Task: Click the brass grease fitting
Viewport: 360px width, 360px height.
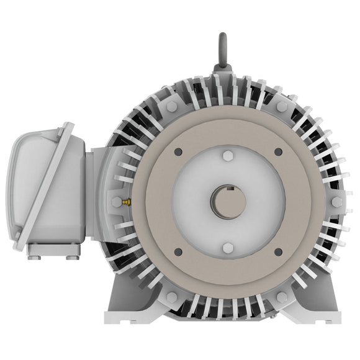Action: click(126, 202)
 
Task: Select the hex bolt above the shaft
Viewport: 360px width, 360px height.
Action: click(227, 155)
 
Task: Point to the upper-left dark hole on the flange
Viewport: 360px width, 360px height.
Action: click(178, 151)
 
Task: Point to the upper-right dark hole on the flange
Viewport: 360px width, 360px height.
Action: click(277, 151)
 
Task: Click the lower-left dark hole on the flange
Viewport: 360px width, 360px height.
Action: click(178, 251)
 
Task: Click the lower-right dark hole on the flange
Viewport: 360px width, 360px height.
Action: click(277, 251)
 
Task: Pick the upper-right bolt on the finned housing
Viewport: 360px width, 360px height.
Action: click(282, 107)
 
